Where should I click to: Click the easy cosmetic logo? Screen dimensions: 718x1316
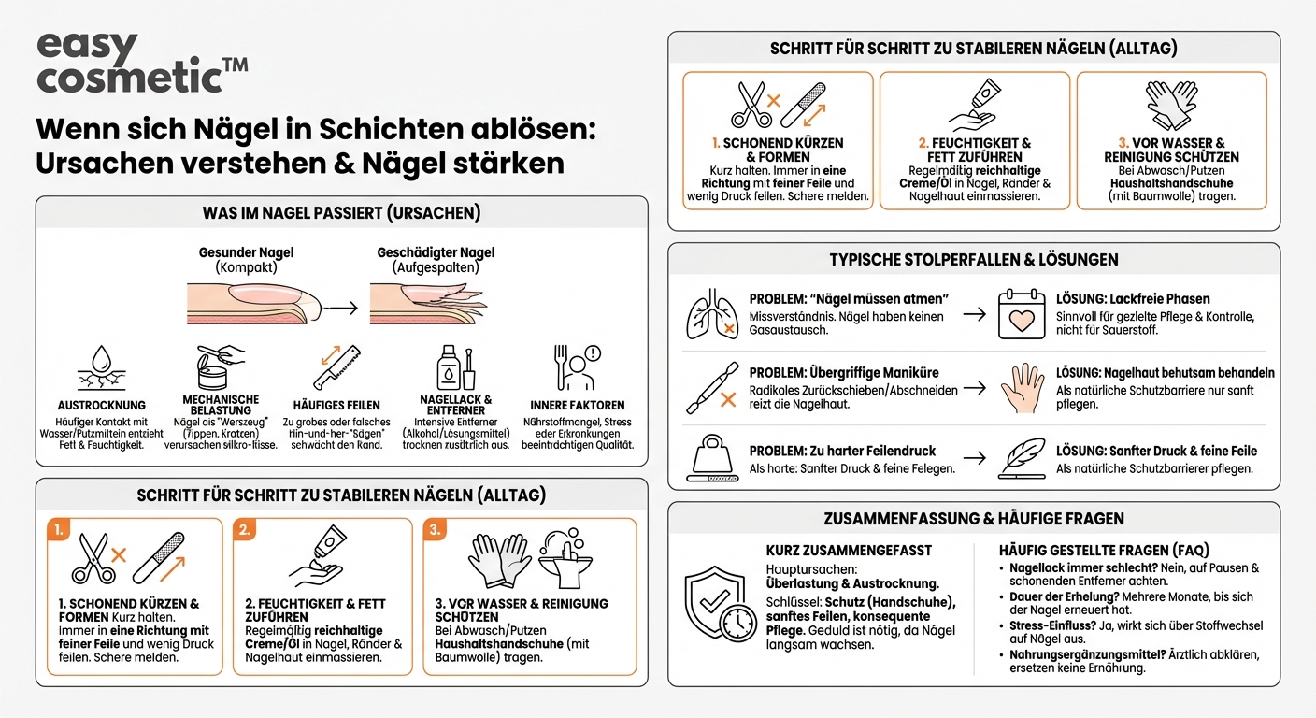pos(140,64)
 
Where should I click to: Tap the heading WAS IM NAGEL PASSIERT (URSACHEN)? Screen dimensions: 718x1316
pos(341,213)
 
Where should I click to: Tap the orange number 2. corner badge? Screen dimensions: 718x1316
pos(246,531)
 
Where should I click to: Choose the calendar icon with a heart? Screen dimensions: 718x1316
pos(1021,314)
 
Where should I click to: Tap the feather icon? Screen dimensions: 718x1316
pos(1021,458)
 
